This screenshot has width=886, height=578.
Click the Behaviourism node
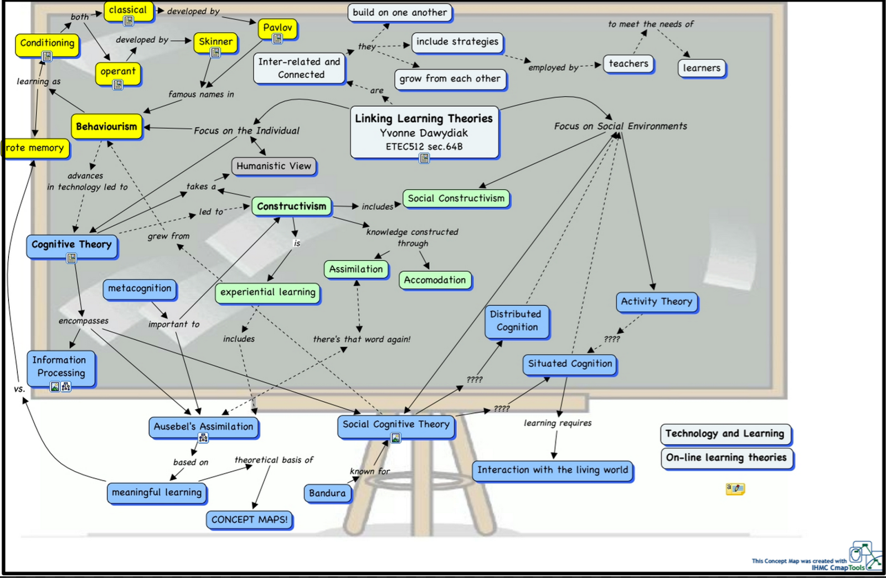click(106, 127)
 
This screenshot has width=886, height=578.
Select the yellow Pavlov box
click(277, 28)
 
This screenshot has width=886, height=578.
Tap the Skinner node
click(215, 42)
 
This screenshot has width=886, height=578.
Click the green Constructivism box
click(291, 207)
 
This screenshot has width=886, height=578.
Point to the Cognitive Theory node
click(71, 245)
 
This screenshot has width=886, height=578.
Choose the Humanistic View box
click(274, 166)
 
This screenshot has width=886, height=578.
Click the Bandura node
click(327, 493)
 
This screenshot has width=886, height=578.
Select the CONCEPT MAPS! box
click(249, 520)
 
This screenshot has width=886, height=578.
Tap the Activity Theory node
click(656, 302)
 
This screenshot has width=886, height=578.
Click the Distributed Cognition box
click(517, 321)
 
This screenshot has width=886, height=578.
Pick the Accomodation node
click(435, 280)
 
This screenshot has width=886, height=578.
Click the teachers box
click(629, 64)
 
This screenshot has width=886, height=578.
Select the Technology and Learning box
click(725, 434)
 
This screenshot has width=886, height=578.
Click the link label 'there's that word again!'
click(362, 339)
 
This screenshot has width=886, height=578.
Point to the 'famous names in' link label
click(201, 95)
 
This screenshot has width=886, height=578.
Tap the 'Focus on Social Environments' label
click(620, 126)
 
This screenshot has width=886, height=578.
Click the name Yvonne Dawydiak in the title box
click(424, 133)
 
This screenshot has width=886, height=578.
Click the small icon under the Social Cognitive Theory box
click(396, 438)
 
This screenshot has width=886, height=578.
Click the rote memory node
click(34, 148)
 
